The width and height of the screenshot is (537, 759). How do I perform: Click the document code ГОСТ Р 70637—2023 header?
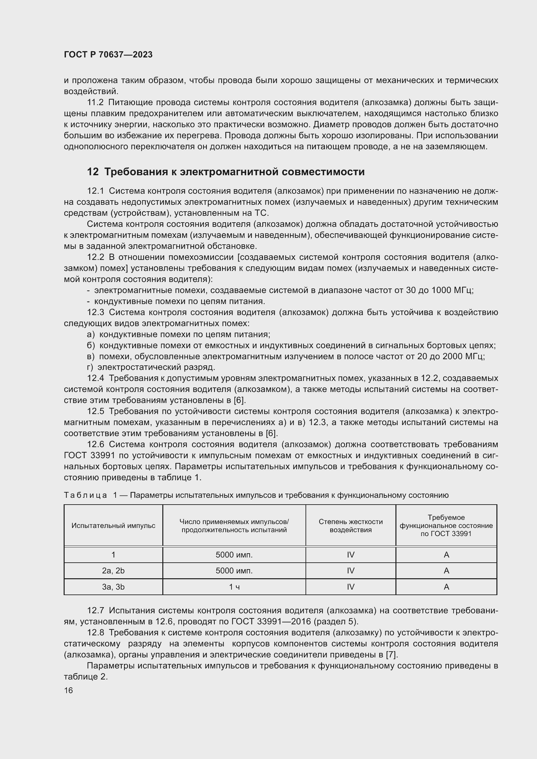click(108, 55)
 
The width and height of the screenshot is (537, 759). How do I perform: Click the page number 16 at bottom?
click(69, 690)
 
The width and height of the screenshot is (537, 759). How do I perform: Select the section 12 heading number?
click(93, 172)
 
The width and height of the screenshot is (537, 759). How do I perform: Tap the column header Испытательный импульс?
click(113, 526)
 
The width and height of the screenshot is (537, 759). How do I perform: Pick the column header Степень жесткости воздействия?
click(351, 526)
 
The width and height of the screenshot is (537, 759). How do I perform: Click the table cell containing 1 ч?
click(234, 587)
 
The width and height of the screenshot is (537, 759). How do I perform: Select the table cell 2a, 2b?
click(113, 570)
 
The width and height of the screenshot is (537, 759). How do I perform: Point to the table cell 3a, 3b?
click(113, 587)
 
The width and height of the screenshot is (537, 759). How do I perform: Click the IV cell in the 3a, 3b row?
click(351, 587)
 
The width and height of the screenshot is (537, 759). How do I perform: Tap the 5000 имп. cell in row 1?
click(234, 555)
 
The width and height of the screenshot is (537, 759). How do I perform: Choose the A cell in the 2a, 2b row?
click(446, 570)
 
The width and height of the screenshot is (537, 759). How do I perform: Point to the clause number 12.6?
click(95, 445)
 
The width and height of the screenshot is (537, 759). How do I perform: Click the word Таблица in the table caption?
click(85, 495)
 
